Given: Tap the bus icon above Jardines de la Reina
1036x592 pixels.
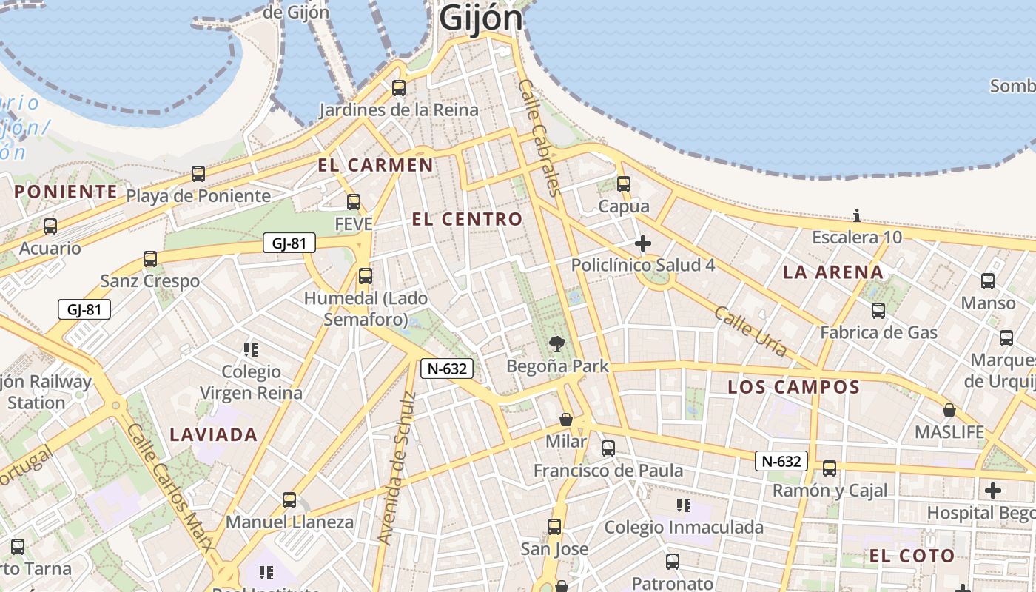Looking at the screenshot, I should click(x=399, y=88).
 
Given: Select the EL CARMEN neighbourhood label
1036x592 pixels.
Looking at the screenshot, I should click(x=376, y=165).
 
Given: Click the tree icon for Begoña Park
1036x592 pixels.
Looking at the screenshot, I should click(x=557, y=343).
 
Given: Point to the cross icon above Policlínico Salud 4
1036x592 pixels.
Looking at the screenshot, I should click(x=643, y=243).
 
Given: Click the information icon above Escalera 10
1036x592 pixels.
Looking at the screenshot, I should click(x=857, y=216).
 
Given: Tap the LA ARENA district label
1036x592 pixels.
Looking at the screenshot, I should click(x=833, y=272).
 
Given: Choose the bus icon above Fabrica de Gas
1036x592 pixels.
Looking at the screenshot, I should click(x=878, y=311).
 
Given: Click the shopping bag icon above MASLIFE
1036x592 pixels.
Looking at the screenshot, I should click(x=949, y=410).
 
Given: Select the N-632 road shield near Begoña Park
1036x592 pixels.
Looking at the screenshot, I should click(x=447, y=369).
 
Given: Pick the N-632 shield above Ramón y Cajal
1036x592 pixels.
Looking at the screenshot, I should click(x=781, y=461).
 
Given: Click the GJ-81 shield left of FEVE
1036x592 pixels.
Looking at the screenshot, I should click(x=289, y=243).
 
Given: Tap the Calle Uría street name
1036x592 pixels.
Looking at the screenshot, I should click(x=750, y=332).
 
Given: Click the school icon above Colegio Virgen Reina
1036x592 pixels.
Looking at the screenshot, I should click(x=251, y=349).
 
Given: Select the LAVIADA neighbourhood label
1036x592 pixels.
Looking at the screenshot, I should click(x=214, y=434).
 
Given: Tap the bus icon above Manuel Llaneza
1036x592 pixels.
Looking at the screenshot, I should click(x=289, y=500).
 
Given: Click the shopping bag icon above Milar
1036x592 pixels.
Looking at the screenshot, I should click(x=566, y=420).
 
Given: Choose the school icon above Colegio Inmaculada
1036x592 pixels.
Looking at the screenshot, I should click(x=684, y=505).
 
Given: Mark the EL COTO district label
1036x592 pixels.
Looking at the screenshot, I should click(x=912, y=556).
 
